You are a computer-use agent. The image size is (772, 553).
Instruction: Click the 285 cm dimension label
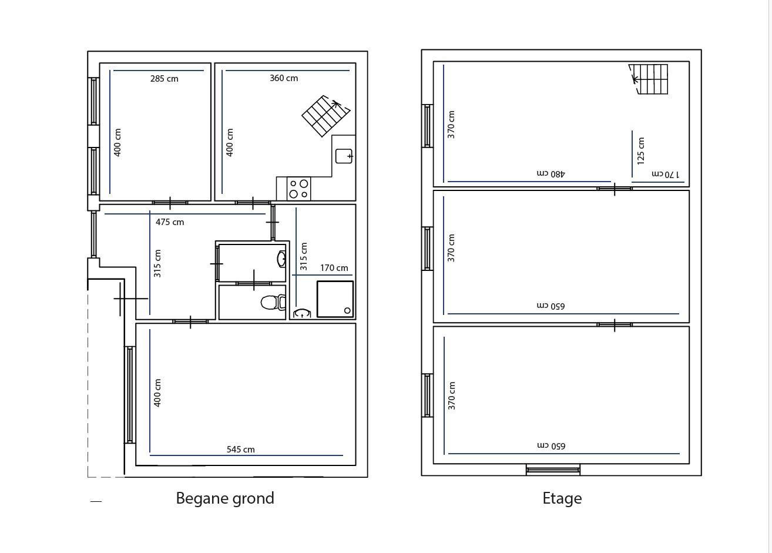pyautogui.click(x=164, y=79)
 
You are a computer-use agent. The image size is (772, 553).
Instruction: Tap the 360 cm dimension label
pyautogui.click(x=284, y=78)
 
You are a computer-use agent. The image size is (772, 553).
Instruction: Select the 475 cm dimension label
pyautogui.click(x=170, y=222)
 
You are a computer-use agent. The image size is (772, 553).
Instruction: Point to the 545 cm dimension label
pyautogui.click(x=240, y=450)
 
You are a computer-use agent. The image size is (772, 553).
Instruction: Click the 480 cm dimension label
pyautogui.click(x=551, y=173)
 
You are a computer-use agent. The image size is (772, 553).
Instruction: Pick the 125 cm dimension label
pyautogui.click(x=641, y=151)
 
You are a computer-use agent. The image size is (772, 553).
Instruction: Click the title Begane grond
pyautogui.click(x=225, y=499)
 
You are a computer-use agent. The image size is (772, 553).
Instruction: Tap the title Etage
pyautogui.click(x=562, y=499)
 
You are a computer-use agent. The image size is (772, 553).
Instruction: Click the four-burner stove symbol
pyautogui.click(x=299, y=189)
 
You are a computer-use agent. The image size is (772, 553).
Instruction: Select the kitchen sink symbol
pyautogui.click(x=344, y=156)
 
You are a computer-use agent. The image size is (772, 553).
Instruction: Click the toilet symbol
pyautogui.click(x=273, y=302)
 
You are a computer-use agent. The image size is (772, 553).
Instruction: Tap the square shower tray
pyautogui.click(x=335, y=299)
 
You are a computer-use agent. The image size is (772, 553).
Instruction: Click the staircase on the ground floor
pyautogui.click(x=325, y=116)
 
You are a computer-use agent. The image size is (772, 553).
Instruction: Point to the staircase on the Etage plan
pyautogui.click(x=648, y=79)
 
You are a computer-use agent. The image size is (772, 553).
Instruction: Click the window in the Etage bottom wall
pyautogui.click(x=553, y=470)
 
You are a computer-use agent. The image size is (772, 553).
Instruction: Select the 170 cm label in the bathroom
pyautogui.click(x=334, y=268)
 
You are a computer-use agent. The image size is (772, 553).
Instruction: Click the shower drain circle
pyautogui.click(x=347, y=311)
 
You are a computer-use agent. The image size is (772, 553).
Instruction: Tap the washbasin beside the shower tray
pyautogui.click(x=302, y=313)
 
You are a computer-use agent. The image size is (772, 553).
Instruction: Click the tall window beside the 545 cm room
pyautogui.click(x=130, y=394)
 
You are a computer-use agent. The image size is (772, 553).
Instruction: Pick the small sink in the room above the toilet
pyautogui.click(x=281, y=259)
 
